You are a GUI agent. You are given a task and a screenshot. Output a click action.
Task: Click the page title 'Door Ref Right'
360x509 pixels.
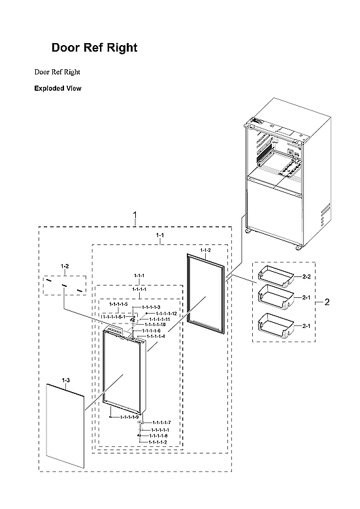click(x=94, y=48)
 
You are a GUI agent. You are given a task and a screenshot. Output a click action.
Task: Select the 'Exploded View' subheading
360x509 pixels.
click(x=57, y=88)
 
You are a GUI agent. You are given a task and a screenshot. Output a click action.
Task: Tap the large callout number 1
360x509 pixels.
click(x=135, y=215)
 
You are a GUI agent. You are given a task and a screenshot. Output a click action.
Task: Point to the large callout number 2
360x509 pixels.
click(x=327, y=302)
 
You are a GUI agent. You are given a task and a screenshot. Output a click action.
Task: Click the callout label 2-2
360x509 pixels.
click(x=306, y=277)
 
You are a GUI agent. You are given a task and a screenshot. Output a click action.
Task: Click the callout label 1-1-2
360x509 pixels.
click(x=205, y=250)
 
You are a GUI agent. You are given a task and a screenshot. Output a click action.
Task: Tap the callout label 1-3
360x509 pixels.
click(x=65, y=380)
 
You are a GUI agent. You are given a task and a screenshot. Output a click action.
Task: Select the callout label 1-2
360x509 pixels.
click(x=65, y=266)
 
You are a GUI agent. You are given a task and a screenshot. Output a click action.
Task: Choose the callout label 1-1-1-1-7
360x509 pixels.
click(x=160, y=423)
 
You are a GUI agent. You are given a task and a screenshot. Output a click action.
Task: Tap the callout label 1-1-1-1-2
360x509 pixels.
click(x=158, y=442)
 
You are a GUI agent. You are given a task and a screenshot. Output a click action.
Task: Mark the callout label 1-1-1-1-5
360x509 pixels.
click(x=118, y=305)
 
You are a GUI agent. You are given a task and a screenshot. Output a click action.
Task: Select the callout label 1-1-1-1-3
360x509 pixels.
click(x=151, y=307)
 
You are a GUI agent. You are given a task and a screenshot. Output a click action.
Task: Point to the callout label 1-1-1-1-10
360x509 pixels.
click(x=157, y=325)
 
